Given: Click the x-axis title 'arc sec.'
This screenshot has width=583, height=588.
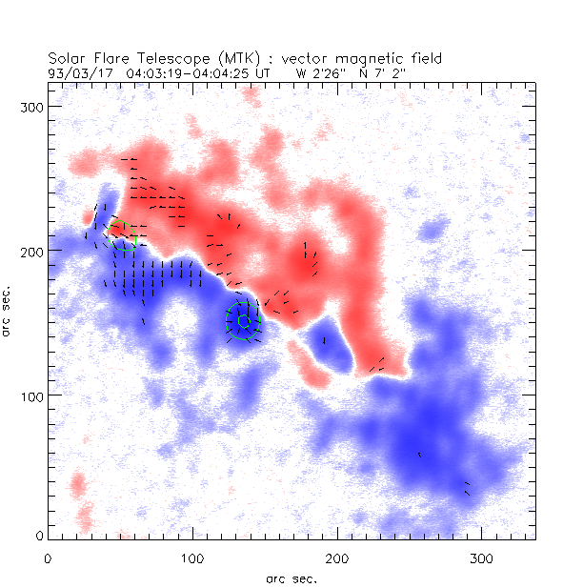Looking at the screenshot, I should pyautogui.click(x=291, y=578).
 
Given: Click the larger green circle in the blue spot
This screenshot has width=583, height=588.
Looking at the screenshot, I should pyautogui.click(x=243, y=321).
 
